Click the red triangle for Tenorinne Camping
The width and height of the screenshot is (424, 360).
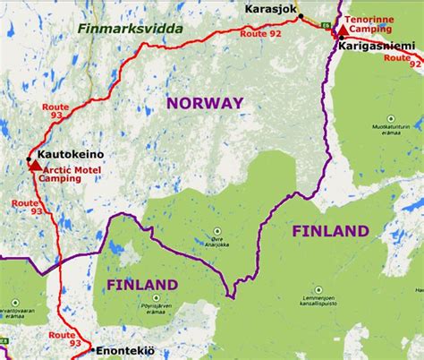tap(343, 30)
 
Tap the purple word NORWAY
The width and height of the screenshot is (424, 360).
tap(204, 104)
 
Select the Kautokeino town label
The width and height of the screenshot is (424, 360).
tap(72, 155)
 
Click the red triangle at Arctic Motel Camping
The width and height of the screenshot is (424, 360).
tap(35, 166)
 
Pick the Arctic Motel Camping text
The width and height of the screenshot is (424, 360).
tap(72, 174)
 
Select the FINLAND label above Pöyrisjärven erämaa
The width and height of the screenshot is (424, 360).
tap(141, 285)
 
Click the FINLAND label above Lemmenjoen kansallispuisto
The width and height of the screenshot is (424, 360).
tap(331, 231)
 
